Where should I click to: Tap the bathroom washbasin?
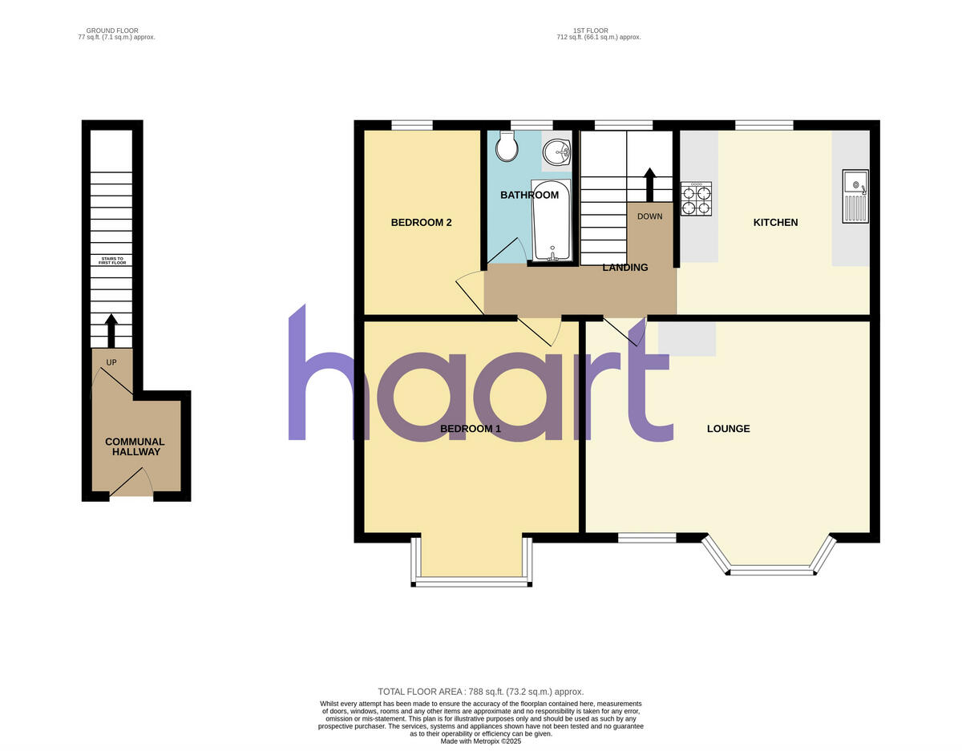556,151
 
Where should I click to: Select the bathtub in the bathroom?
552,220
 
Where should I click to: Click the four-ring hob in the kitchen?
696,199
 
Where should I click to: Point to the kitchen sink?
855,196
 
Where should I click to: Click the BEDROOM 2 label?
421,222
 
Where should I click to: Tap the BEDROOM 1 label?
471,429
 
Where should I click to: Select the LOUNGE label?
728,429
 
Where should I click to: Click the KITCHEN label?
775,222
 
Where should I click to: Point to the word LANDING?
625,268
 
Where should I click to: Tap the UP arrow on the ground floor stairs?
111,330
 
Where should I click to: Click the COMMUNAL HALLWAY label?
135,446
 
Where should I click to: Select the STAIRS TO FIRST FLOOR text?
112,260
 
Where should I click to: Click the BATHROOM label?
529,195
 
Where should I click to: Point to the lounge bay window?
770,565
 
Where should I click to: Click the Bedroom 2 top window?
412,124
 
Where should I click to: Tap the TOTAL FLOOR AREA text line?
481,691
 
